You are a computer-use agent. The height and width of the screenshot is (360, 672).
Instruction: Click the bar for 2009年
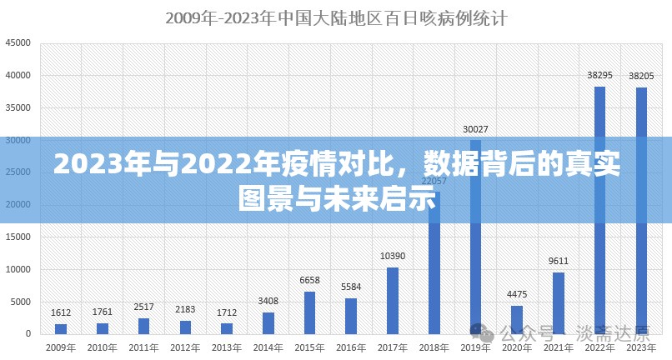pos(61,328)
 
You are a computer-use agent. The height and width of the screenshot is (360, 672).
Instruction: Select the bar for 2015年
pos(309,312)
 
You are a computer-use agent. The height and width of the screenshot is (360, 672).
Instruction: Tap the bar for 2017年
pos(392,300)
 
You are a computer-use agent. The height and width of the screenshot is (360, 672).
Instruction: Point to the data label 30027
pos(475,129)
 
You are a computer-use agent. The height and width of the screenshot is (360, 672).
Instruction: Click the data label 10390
pos(392,256)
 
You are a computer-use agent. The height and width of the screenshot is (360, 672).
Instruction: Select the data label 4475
pos(517,294)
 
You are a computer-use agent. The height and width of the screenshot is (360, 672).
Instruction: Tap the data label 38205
pos(641,76)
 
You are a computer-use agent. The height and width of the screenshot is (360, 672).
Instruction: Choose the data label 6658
pos(309,280)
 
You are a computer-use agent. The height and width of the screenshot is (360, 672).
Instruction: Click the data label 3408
pos(268,301)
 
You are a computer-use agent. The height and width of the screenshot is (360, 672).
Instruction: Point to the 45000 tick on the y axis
pos(18,43)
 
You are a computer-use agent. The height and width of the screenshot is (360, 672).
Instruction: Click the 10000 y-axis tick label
pos(18,269)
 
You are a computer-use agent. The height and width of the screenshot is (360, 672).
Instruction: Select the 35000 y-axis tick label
pos(18,107)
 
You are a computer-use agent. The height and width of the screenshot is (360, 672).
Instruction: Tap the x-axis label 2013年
pos(226,347)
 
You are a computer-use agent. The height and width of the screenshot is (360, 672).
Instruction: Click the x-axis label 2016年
pos(350,347)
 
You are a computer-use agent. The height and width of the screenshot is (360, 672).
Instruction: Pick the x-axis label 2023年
pos(640,347)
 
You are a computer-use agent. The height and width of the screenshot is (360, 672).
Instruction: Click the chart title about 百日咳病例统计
pos(336,17)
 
